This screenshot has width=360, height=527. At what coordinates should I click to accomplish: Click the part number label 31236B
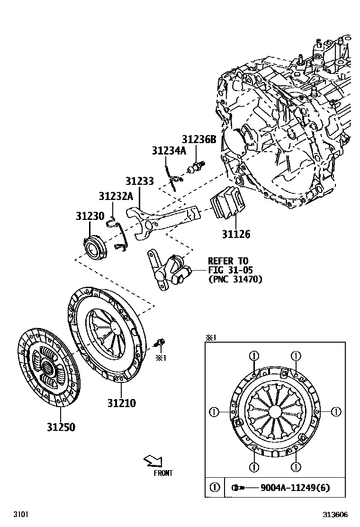199,139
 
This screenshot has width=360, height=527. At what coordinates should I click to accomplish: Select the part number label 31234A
169,150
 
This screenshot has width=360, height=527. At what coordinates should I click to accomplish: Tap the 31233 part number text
140,181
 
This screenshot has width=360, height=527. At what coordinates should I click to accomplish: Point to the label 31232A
116,196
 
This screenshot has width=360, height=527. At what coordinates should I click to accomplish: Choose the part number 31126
236,235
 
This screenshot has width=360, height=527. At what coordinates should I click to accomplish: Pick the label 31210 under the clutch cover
121,403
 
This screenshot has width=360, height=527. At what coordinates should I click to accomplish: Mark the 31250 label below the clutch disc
61,427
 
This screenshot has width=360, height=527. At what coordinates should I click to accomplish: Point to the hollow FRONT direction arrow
153,461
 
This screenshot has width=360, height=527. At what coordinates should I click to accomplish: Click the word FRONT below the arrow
163,473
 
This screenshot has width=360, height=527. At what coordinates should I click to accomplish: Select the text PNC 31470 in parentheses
235,279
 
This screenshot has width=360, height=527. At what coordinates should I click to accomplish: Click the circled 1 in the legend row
215,488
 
